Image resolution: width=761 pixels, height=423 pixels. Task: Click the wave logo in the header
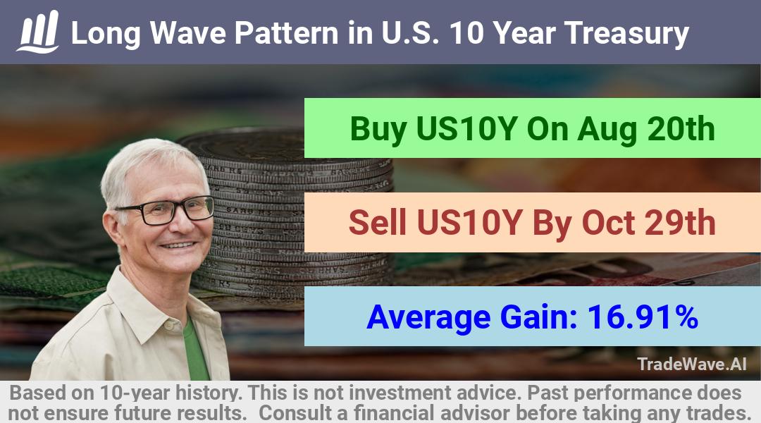[38, 32]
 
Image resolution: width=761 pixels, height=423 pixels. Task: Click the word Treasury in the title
[626, 34]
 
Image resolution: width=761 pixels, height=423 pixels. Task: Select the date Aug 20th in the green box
[646, 129]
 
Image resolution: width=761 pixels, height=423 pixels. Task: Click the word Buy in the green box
[378, 130]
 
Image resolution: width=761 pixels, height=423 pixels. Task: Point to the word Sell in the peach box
[378, 223]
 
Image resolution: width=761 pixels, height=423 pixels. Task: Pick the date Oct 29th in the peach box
[649, 223]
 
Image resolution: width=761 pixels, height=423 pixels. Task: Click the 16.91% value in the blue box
[643, 317]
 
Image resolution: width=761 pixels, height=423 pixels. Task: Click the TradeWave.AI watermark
[692, 364]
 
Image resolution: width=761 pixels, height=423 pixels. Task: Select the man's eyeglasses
[165, 210]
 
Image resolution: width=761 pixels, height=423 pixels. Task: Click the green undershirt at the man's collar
[195, 348]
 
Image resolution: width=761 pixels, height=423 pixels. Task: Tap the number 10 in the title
[467, 33]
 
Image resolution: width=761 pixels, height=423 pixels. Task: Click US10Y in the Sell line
[469, 223]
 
